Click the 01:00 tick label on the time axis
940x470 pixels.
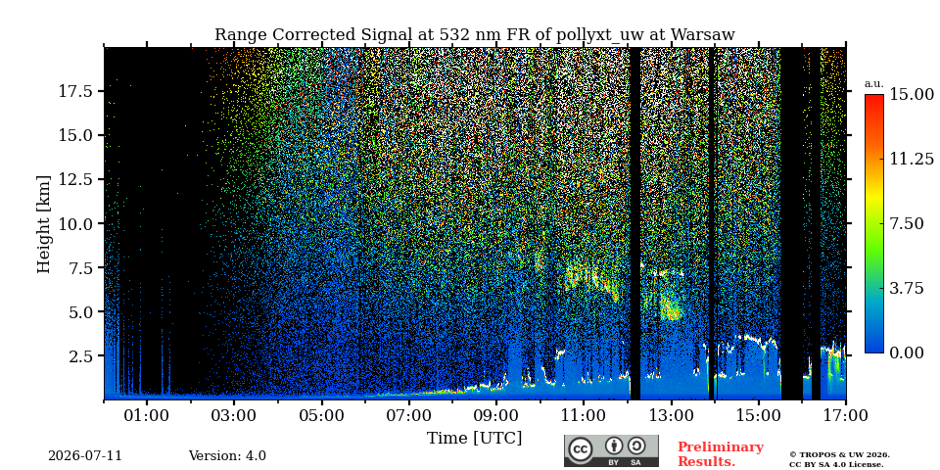click(x=148, y=415)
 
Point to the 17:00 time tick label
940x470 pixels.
click(x=845, y=415)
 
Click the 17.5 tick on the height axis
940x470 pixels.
click(x=75, y=91)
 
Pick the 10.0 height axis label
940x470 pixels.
click(x=75, y=223)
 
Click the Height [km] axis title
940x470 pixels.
click(x=44, y=223)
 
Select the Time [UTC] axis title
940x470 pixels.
click(x=474, y=438)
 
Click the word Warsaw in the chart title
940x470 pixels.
click(x=703, y=35)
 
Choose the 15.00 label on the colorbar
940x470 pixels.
click(x=912, y=94)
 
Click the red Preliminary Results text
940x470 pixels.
click(x=720, y=454)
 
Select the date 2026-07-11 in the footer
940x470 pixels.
click(x=85, y=456)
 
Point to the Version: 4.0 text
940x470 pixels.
click(x=227, y=456)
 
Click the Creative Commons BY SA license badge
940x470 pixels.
click(x=611, y=450)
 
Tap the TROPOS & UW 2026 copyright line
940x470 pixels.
click(x=840, y=455)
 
